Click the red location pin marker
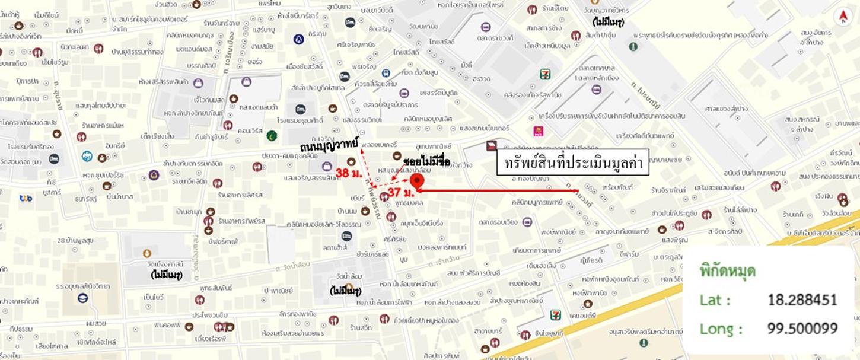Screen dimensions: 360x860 coord(418,182)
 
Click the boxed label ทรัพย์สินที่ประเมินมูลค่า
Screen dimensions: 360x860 coord(573,163)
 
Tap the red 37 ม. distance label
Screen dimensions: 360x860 coord(400,193)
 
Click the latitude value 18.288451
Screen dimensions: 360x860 coord(802,300)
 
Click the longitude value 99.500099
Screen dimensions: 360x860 coord(802,329)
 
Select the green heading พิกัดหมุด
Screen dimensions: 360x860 coord(728,271)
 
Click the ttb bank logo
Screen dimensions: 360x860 coord(26,198)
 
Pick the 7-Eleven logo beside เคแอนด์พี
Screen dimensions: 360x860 coord(555,314)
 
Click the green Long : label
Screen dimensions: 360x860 coord(721,329)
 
